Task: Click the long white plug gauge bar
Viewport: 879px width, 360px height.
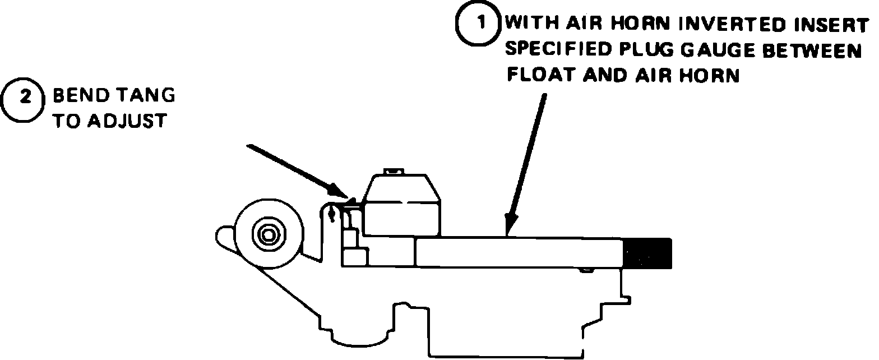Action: click(x=519, y=252)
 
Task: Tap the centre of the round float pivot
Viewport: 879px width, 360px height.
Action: click(x=269, y=234)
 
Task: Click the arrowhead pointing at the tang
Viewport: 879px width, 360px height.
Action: click(x=341, y=197)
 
